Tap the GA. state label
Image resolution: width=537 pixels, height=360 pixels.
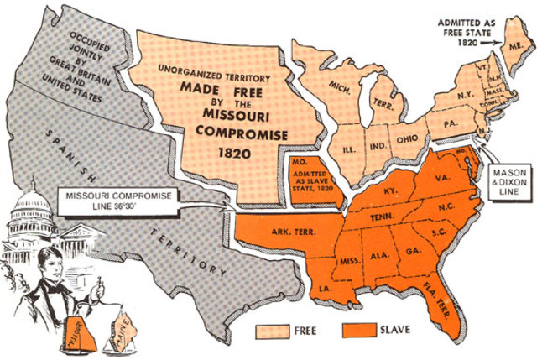pyautogui.click(x=415, y=250)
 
